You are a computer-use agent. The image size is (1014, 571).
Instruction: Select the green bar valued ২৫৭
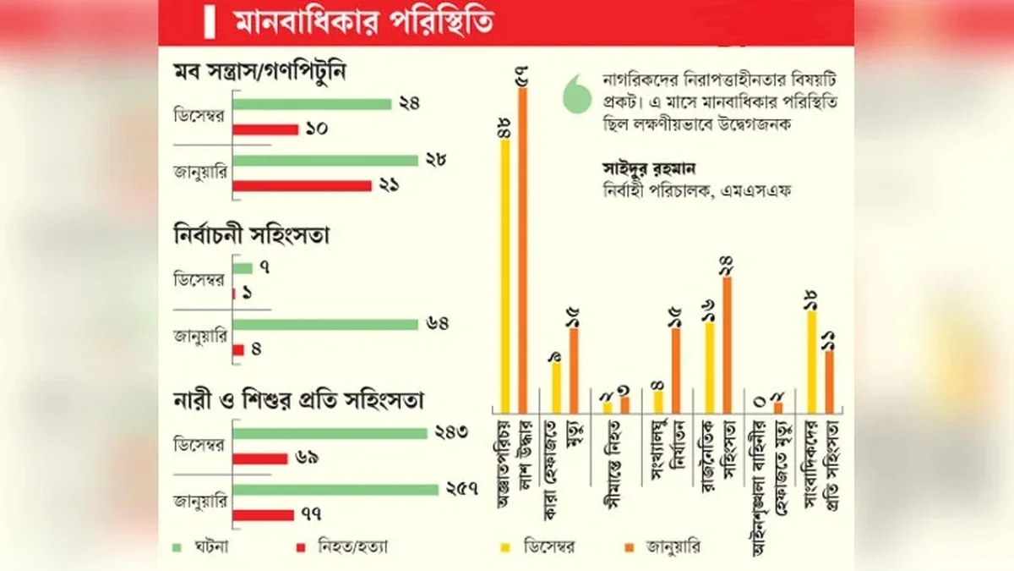[x=335, y=489]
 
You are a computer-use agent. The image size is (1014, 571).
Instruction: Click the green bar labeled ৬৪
[x=325, y=324]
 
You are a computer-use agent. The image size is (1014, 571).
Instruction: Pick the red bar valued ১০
[x=265, y=129]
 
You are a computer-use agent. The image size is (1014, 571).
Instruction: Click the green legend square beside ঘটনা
[x=176, y=546]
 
